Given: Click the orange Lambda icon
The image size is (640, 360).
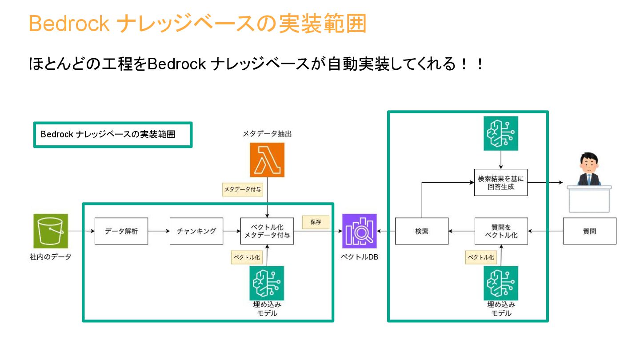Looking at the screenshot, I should coord(267,160).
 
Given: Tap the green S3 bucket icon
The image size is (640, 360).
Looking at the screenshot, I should coord(51,231).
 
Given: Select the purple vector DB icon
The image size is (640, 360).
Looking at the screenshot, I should coord(360,231).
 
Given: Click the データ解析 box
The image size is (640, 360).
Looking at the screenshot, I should coord(121,231).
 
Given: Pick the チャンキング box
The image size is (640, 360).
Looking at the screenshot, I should coord(196,231).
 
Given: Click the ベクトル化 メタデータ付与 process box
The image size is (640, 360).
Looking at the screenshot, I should coord(267,231).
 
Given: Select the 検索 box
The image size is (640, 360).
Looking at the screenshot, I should coord(422,231).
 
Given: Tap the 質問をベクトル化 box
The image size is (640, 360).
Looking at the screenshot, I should coord(501,231).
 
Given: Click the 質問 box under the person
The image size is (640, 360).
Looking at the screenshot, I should coord(589,231).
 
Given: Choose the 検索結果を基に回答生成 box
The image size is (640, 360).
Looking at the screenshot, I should coord(501,183).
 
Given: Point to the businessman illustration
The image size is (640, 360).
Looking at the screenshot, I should coord(588,170).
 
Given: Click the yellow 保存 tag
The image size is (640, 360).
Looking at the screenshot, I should coord(316,222).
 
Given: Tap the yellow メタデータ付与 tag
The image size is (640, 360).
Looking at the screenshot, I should coord(242,190).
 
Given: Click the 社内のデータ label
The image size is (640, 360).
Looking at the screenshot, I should coord(50,257).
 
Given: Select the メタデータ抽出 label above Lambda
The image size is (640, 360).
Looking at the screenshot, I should coord(267,133).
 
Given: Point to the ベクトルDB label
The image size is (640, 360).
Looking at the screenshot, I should coord(360,257).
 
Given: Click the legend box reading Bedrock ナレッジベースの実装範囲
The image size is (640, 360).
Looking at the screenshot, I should coord(113,135).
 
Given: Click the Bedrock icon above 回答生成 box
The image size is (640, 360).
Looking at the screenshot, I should coord(501,133).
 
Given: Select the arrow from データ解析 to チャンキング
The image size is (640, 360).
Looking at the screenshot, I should coord(159,231).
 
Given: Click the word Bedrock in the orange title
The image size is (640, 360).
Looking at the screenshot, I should coord(69,24).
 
